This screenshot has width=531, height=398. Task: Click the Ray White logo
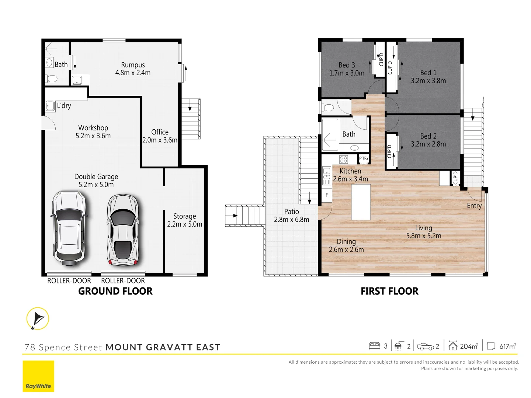pos(38,376)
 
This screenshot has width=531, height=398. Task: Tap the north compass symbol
pos(38,319)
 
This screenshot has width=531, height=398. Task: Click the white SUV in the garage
pos(69,228)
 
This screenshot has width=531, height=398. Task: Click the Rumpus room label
pos(133,65)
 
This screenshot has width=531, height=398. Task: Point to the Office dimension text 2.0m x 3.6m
pos(160,140)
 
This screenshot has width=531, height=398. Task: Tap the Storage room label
pos(184,216)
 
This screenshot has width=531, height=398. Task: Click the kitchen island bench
pos(361,202)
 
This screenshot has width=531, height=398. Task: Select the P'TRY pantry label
pos(364,158)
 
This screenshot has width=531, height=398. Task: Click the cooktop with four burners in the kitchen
pos(343,159)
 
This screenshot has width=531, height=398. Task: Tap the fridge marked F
pos(327,195)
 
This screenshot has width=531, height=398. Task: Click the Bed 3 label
pos(347,65)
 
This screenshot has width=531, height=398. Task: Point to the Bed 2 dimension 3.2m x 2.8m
pos(428,144)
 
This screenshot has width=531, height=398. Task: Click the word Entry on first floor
pos(474,206)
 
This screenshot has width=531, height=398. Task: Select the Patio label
pos(291,212)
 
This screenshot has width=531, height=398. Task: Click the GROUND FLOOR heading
pos(115,291)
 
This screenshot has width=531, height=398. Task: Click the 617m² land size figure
pos(507,346)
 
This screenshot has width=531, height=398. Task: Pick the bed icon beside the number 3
pos(374,346)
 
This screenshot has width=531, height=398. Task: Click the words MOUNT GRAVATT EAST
pos(163,347)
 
